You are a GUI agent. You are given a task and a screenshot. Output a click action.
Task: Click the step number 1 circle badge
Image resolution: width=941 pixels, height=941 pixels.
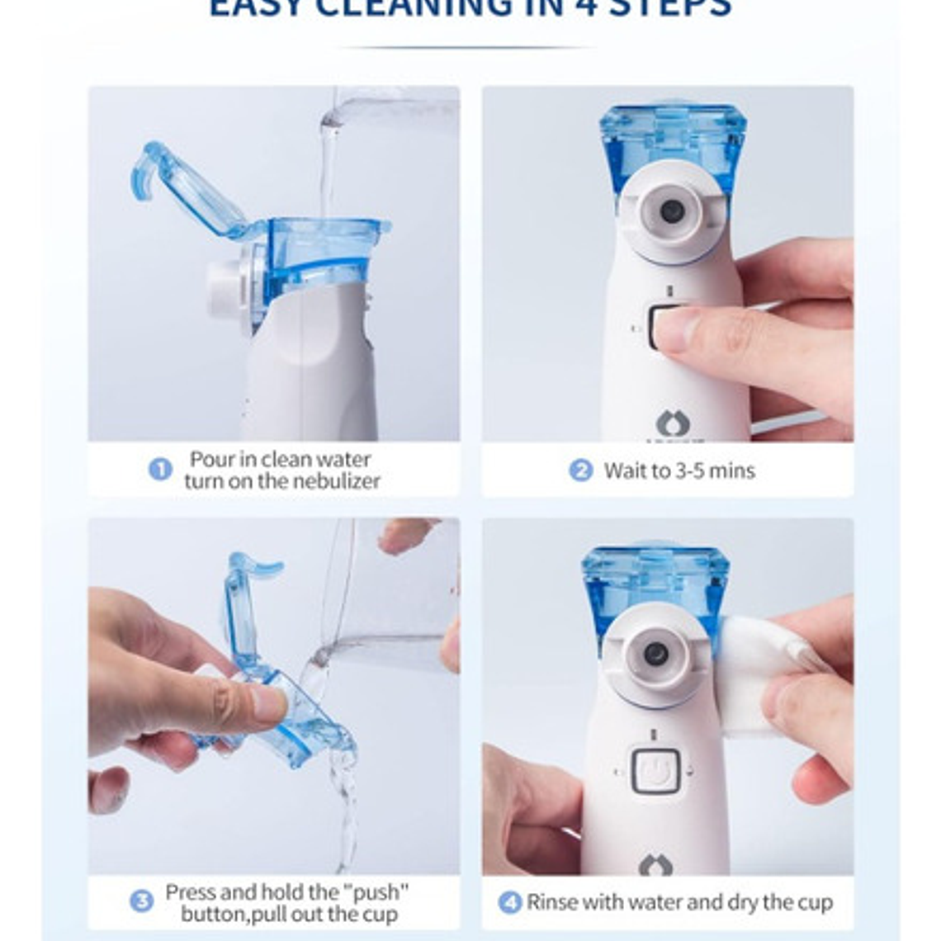click(x=160, y=470)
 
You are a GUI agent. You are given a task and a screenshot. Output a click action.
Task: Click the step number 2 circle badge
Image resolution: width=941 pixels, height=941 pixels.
click(x=580, y=470)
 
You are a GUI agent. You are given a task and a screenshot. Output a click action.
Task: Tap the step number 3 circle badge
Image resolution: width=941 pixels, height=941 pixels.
click(x=141, y=901)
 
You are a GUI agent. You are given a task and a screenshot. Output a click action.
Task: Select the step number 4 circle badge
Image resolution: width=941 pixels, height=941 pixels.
click(x=510, y=902)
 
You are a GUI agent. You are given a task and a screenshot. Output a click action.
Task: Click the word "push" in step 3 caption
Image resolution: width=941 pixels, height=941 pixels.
click(x=376, y=892)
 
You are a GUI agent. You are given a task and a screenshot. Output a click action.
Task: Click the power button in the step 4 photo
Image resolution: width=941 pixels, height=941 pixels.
click(x=655, y=771)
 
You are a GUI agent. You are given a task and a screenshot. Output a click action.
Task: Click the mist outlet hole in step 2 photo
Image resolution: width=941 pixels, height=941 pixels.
click(x=671, y=211)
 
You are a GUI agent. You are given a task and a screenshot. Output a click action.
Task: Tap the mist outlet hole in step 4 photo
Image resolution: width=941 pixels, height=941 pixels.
click(x=655, y=654)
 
